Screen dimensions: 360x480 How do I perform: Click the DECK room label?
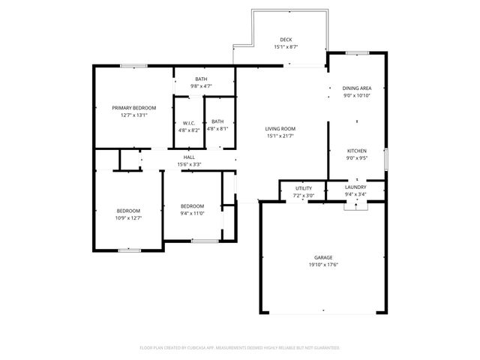tap(286, 40)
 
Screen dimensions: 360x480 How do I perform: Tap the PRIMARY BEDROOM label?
tap(129, 108)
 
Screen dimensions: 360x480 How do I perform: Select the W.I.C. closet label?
tap(189, 123)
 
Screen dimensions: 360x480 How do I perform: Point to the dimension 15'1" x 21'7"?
tap(280, 136)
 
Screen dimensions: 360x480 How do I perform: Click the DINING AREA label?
tap(356, 88)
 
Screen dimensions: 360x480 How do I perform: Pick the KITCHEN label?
tap(356, 151)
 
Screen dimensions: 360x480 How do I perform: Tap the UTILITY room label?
tap(303, 188)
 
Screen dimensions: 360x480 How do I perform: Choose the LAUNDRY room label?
tap(355, 187)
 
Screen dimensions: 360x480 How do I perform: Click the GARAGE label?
tap(324, 258)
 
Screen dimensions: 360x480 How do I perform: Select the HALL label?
tap(189, 157)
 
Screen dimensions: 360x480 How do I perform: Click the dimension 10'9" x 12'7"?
tap(128, 218)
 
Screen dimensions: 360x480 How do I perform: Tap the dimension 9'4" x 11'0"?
tap(192, 213)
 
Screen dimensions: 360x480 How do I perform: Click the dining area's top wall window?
tap(357, 52)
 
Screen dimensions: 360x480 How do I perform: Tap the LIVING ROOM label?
tap(280, 128)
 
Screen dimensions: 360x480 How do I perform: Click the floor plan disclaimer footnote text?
tap(239, 348)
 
